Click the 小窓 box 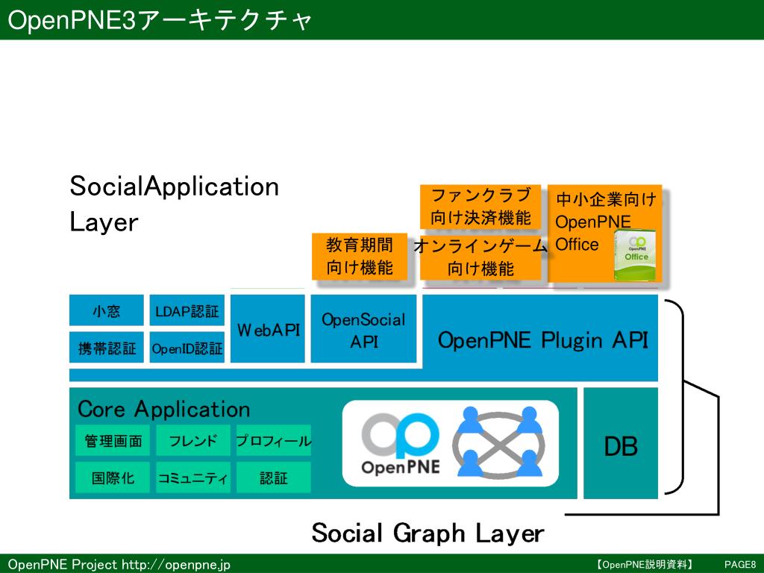click(x=106, y=311)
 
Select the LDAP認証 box click(x=187, y=311)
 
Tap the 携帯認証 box click(x=106, y=348)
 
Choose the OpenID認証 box click(x=187, y=348)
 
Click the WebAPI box click(x=268, y=329)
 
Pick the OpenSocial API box click(x=363, y=330)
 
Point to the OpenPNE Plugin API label click(x=542, y=340)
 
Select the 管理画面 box click(x=113, y=441)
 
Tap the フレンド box click(x=193, y=441)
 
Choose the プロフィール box click(x=273, y=441)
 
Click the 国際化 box click(x=113, y=478)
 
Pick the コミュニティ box click(x=193, y=478)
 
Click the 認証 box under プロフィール click(x=273, y=478)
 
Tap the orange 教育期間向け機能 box click(x=359, y=256)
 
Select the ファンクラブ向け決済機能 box click(x=480, y=207)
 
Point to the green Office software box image click(x=636, y=256)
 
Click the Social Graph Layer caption click(x=428, y=533)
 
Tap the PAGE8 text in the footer click(x=740, y=564)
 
